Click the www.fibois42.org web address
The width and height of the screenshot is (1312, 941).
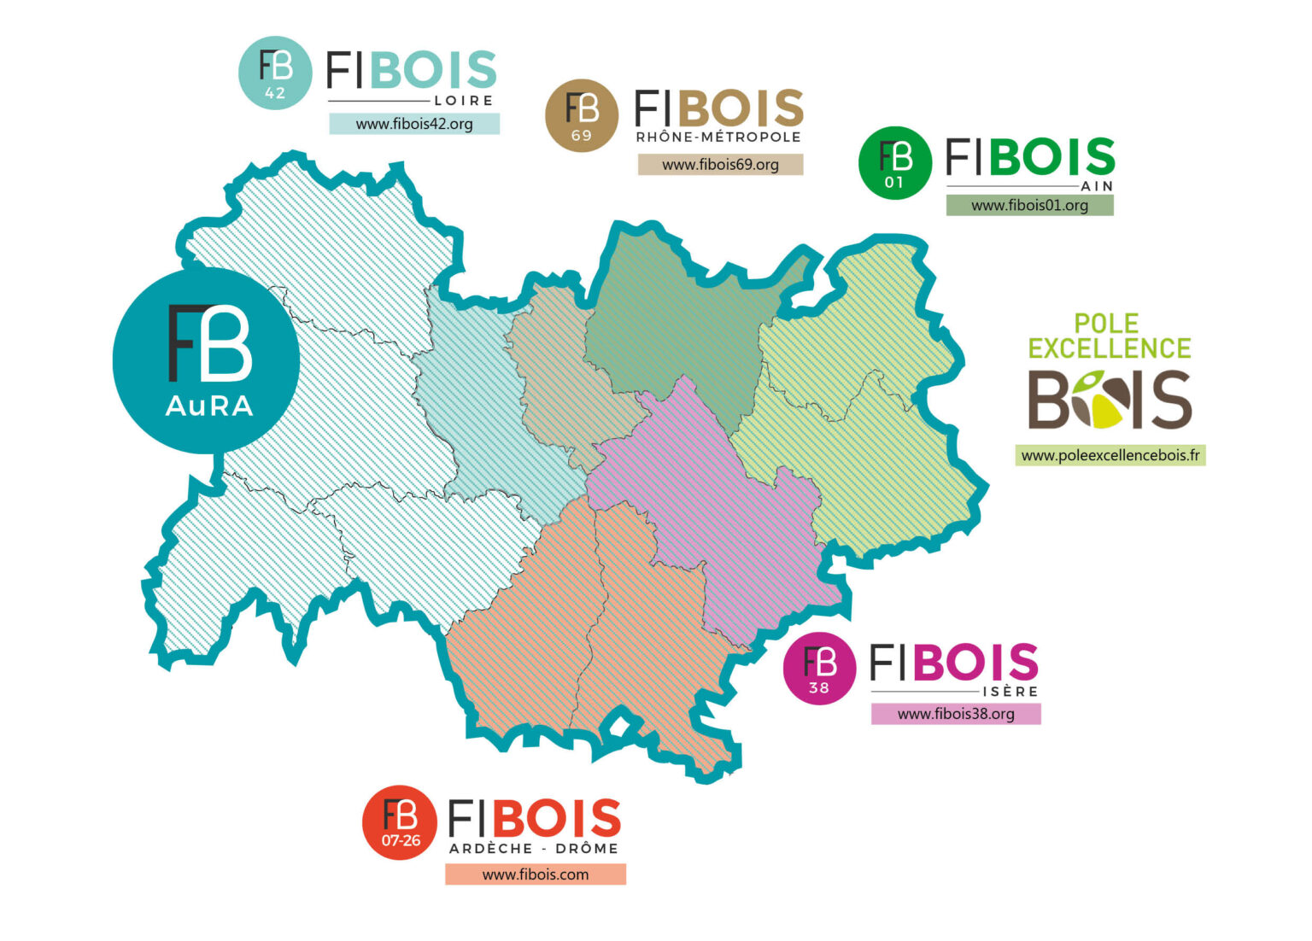[414, 124]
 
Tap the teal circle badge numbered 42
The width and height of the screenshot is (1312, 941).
[275, 73]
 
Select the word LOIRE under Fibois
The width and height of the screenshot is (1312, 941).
[464, 101]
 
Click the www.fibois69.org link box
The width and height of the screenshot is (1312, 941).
[720, 164]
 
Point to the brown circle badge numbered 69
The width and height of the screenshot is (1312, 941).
[582, 115]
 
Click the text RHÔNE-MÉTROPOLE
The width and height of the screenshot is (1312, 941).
[718, 137]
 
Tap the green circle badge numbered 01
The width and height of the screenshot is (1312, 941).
[894, 162]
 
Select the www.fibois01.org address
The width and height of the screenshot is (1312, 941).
[1029, 205]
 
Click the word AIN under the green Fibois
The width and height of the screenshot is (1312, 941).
[1097, 186]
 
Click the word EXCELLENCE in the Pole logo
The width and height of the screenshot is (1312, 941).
[1110, 348]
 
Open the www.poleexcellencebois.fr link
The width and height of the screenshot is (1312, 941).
[1110, 455]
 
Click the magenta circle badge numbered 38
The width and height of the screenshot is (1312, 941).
[819, 669]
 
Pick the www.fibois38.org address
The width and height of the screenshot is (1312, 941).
[956, 714]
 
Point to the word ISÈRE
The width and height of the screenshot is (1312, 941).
[1010, 692]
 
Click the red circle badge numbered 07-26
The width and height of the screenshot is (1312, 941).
[401, 821]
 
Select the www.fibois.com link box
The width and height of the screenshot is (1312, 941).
[536, 874]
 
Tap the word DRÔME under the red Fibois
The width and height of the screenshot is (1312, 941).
[587, 849]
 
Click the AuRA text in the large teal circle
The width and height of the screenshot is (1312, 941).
[209, 406]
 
